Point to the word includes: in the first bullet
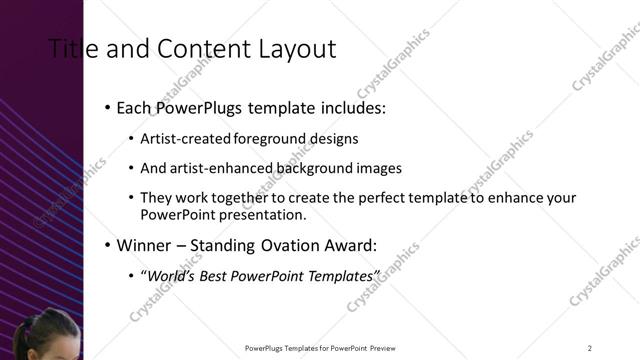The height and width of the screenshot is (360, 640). pyautogui.click(x=351, y=106)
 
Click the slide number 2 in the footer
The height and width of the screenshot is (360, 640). pyautogui.click(x=590, y=347)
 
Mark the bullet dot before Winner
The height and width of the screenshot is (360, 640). pyautogui.click(x=106, y=246)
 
